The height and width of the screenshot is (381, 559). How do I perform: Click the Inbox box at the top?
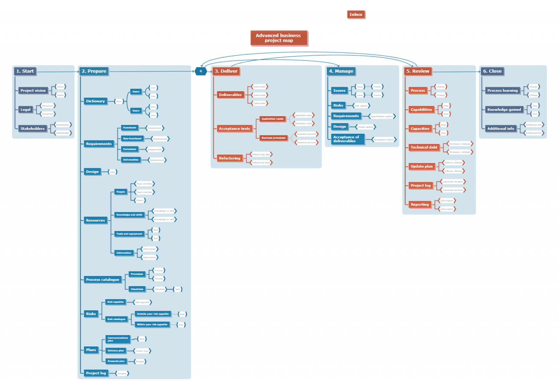[356, 15]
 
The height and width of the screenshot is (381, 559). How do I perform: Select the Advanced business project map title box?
[278, 38]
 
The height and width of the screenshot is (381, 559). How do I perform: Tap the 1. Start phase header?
[25, 71]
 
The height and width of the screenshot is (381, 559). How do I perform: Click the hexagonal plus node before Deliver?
[201, 71]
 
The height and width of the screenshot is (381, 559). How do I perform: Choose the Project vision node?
[33, 91]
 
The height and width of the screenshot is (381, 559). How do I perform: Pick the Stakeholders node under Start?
[32, 128]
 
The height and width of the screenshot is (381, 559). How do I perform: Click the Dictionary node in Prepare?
[95, 101]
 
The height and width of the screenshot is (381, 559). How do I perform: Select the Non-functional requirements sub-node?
[132, 139]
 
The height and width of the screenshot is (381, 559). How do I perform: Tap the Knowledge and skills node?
[129, 215]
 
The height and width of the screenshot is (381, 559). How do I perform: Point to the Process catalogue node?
[103, 279]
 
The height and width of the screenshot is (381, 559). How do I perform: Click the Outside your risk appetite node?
[152, 314]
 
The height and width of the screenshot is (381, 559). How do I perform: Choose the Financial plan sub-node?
[116, 361]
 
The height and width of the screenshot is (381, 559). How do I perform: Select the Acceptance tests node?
[234, 128]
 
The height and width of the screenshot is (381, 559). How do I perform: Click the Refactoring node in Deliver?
[229, 158]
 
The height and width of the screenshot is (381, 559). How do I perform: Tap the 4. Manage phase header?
[341, 71]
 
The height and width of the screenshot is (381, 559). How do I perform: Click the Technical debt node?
[424, 147]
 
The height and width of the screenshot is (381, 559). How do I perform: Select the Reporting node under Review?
[420, 205]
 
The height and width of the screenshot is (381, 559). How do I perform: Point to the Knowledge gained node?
[504, 110]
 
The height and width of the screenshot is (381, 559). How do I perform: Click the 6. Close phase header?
[492, 71]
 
